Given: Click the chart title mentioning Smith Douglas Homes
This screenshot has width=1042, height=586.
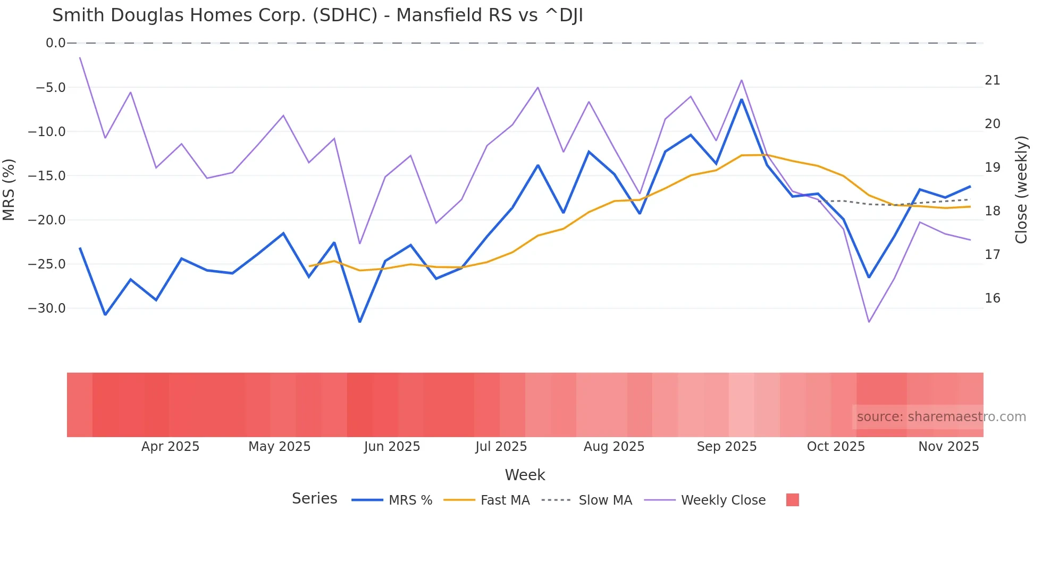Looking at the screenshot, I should [317, 15].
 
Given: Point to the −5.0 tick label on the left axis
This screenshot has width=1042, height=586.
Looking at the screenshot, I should [51, 87].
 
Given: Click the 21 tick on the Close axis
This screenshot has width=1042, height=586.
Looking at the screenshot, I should [992, 80].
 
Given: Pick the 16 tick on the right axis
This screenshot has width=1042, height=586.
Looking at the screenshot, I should [992, 298].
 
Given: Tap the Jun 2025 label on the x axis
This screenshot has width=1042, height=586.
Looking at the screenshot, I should [392, 447].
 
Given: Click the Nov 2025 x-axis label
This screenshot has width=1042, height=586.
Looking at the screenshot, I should [948, 447].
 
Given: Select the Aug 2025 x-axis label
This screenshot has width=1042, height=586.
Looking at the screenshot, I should [614, 447].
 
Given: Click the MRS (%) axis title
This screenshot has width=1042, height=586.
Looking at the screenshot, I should [9, 189].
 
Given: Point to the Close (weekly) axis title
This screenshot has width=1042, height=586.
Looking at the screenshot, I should [1021, 190].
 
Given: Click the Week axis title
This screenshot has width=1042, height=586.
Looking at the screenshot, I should [525, 475].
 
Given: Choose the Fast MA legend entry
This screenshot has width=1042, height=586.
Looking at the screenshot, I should [505, 500].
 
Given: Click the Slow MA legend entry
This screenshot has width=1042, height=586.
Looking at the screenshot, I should [605, 500].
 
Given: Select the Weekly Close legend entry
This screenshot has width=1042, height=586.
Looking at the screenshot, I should [723, 500].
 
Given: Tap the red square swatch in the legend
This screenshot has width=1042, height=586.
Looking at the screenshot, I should [792, 500].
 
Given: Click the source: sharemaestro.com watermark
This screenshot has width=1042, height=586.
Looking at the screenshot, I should [941, 417].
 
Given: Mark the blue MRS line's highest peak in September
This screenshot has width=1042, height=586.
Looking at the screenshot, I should [742, 99].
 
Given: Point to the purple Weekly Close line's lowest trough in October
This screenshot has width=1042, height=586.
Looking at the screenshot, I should [869, 322].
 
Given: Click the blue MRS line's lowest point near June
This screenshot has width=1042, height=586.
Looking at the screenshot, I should [360, 322].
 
